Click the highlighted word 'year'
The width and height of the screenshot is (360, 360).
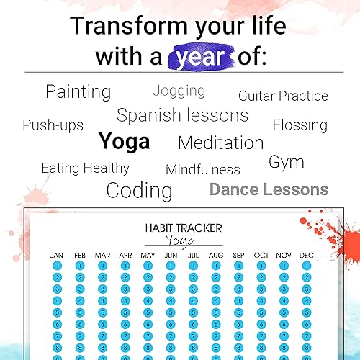click(200, 58)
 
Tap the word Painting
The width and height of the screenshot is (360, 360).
click(78, 92)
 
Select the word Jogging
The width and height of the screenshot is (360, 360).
click(179, 91)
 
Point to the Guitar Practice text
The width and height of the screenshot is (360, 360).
click(283, 96)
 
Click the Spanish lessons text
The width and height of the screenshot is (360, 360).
click(182, 115)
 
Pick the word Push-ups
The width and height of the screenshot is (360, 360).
click(53, 125)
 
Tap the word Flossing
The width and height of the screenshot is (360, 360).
click(300, 125)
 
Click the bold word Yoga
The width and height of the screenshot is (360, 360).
click(124, 142)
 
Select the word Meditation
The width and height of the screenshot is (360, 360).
click(221, 143)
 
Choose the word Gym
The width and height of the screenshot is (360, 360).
click(287, 163)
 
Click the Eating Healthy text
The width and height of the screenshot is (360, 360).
click(86, 168)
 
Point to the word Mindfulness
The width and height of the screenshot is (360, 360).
click(203, 169)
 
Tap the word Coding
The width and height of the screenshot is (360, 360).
click(139, 191)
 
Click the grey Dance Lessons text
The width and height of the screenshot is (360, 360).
click(269, 189)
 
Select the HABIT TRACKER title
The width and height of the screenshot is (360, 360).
click(184, 228)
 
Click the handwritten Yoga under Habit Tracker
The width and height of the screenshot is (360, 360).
click(181, 240)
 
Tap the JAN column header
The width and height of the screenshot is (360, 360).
click(57, 256)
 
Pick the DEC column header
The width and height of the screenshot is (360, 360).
click(307, 256)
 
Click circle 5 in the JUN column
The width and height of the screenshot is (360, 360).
click(171, 312)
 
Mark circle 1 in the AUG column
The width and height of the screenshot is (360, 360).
click(216, 266)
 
